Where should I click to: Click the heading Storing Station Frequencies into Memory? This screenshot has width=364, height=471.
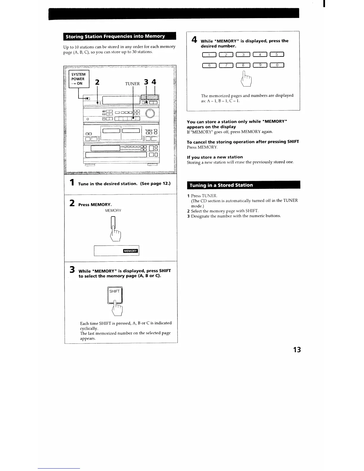pyautogui.click(x=115, y=36)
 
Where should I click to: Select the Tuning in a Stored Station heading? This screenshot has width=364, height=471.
pyautogui.click(x=221, y=185)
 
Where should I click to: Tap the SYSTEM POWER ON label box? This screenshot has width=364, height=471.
pyautogui.click(x=79, y=79)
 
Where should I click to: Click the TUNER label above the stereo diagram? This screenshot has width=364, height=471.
pyautogui.click(x=132, y=84)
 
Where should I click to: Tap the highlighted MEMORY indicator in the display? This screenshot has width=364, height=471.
pyautogui.click(x=131, y=251)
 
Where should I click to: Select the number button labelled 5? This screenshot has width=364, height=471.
pyautogui.click(x=277, y=54)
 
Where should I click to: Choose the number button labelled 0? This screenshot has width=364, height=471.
pyautogui.click(x=277, y=65)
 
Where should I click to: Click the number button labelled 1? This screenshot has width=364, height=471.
pyautogui.click(x=209, y=54)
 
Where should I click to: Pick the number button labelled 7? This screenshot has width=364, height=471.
pyautogui.click(x=226, y=65)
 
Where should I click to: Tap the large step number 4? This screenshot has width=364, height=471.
pyautogui.click(x=194, y=40)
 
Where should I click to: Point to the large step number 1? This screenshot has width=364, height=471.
pyautogui.click(x=72, y=183)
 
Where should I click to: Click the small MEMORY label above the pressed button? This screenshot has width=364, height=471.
pyautogui.click(x=113, y=211)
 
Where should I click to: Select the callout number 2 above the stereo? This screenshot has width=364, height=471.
pyautogui.click(x=97, y=82)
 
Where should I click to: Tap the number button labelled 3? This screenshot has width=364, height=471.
pyautogui.click(x=243, y=54)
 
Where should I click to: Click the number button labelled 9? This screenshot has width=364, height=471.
pyautogui.click(x=260, y=65)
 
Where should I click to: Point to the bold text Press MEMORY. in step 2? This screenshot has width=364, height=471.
pyautogui.click(x=95, y=205)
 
